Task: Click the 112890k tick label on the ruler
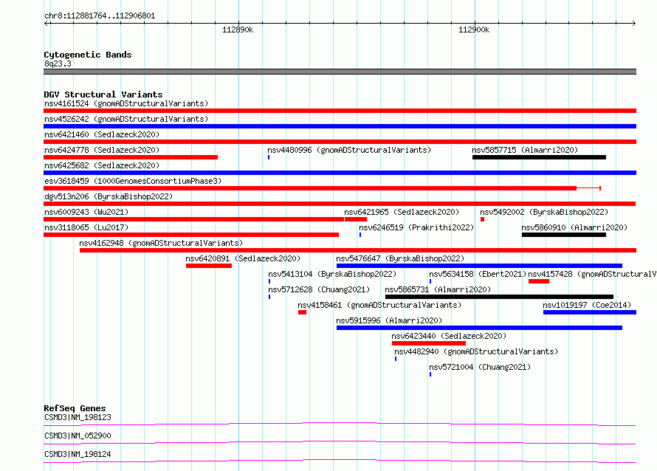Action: pyautogui.click(x=238, y=30)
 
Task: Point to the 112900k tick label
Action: pyautogui.click(x=474, y=30)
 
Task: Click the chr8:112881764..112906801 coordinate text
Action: pyautogui.click(x=100, y=16)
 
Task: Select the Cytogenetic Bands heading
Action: pyautogui.click(x=88, y=55)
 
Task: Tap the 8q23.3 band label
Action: pyautogui.click(x=58, y=63)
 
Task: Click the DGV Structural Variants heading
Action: pyautogui.click(x=103, y=94)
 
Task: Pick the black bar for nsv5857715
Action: pyautogui.click(x=540, y=157)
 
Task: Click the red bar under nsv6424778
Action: pyautogui.click(x=131, y=157)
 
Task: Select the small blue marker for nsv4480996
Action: pyautogui.click(x=269, y=157)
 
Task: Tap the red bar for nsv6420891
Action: pyautogui.click(x=209, y=266)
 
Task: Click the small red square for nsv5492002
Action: pyautogui.click(x=482, y=219)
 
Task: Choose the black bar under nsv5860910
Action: pyautogui.click(x=564, y=235)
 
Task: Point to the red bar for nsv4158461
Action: pyautogui.click(x=302, y=312)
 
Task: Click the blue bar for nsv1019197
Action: pyautogui.click(x=590, y=312)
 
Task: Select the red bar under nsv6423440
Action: pyautogui.click(x=429, y=343)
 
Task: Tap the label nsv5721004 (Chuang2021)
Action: pyautogui.click(x=480, y=367)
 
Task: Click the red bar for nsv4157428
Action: pyautogui.click(x=539, y=281)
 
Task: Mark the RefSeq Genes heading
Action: pyautogui.click(x=75, y=408)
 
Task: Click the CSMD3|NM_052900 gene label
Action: pyautogui.click(x=78, y=436)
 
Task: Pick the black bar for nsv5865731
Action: pyautogui.click(x=499, y=297)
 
